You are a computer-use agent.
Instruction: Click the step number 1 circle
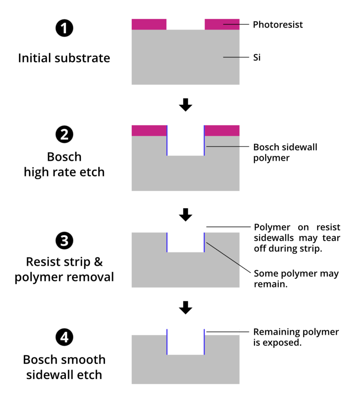point(64,28)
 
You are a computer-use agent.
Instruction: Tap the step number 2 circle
point(64,135)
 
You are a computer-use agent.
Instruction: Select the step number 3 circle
point(64,241)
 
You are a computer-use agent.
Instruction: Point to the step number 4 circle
point(64,337)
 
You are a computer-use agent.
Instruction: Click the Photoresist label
point(278,24)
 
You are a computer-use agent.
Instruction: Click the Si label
point(257,57)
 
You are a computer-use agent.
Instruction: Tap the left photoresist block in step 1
point(149,24)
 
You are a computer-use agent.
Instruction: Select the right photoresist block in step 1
point(222,24)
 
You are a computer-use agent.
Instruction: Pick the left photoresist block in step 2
point(149,131)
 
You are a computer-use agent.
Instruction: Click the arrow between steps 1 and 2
point(185,105)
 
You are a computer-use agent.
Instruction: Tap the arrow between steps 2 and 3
point(185,214)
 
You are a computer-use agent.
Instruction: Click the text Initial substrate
point(64,58)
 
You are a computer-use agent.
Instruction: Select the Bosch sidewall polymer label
point(285,152)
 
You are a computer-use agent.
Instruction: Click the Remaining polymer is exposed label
point(296,337)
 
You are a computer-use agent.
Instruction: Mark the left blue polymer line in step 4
point(167,342)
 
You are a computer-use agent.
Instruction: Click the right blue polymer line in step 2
point(204,140)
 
